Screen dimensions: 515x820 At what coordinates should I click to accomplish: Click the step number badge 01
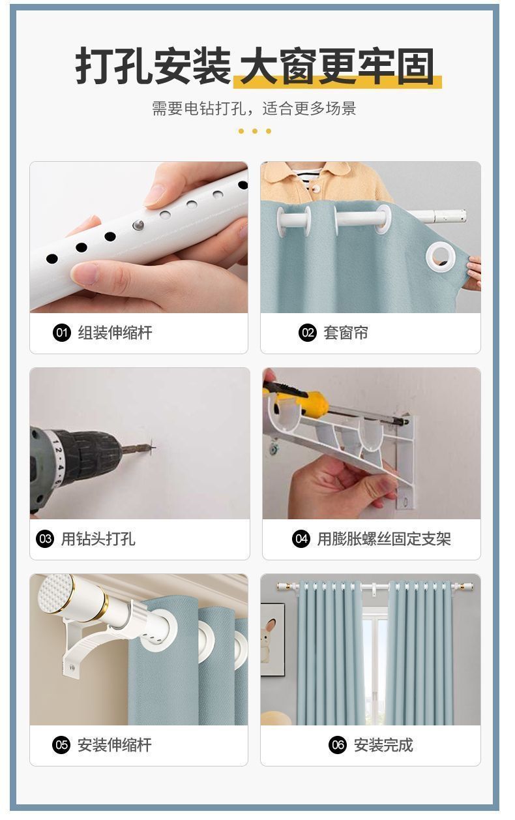click(61, 333)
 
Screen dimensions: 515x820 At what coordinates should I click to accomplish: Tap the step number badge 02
click(307, 333)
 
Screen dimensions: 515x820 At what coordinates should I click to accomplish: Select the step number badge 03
click(44, 539)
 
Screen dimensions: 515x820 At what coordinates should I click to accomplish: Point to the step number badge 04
click(301, 539)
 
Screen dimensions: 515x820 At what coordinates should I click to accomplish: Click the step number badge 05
click(61, 745)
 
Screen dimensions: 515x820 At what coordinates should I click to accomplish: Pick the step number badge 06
click(337, 745)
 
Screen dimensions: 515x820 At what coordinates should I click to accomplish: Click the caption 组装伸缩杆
click(115, 333)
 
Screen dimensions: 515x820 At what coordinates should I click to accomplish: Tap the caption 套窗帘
click(346, 333)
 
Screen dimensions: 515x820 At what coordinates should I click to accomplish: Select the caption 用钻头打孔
click(98, 539)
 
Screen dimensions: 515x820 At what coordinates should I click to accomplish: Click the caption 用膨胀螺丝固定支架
click(384, 539)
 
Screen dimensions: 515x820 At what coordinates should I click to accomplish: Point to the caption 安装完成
click(383, 745)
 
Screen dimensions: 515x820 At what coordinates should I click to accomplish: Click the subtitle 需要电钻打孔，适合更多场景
click(254, 108)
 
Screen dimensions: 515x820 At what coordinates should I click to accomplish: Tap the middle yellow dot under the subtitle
click(255, 131)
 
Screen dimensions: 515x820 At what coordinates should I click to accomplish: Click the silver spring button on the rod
click(138, 224)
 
